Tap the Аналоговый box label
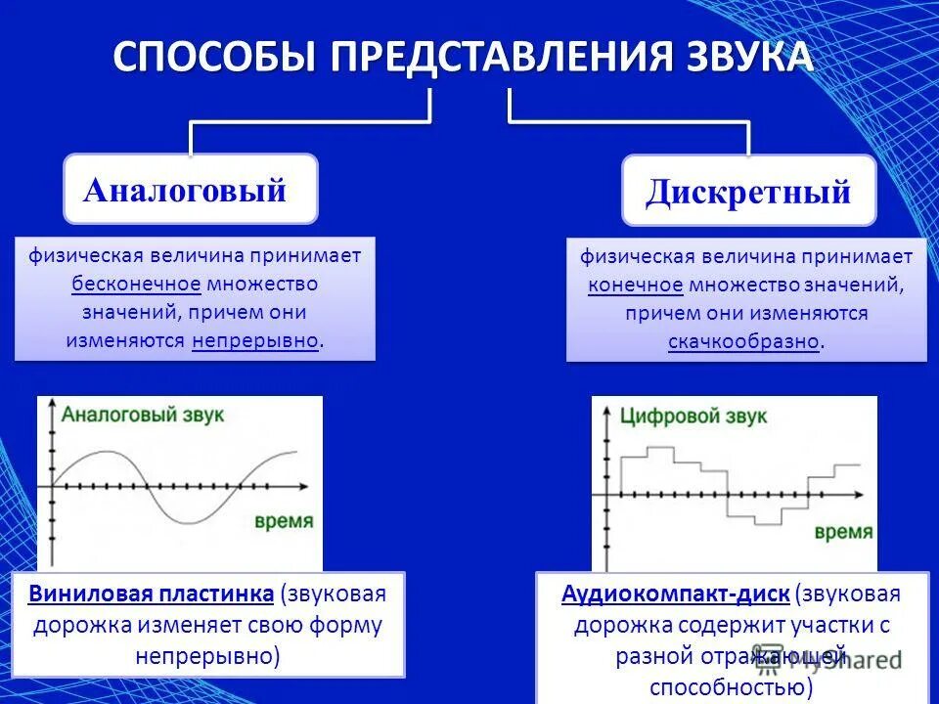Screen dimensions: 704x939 pyautogui.click(x=185, y=190)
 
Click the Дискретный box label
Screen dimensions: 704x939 pyautogui.click(x=748, y=192)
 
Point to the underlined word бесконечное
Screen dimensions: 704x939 pyautogui.click(x=136, y=285)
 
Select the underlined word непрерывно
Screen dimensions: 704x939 pyautogui.click(x=255, y=341)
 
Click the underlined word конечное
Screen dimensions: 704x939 pyautogui.click(x=635, y=286)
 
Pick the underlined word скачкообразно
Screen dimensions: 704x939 pyautogui.click(x=743, y=342)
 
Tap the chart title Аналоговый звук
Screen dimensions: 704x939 pyautogui.click(x=143, y=414)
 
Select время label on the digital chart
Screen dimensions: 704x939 pyautogui.click(x=843, y=532)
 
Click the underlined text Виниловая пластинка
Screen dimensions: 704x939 pyautogui.click(x=152, y=594)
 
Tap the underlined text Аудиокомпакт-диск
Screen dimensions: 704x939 pyautogui.click(x=675, y=594)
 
